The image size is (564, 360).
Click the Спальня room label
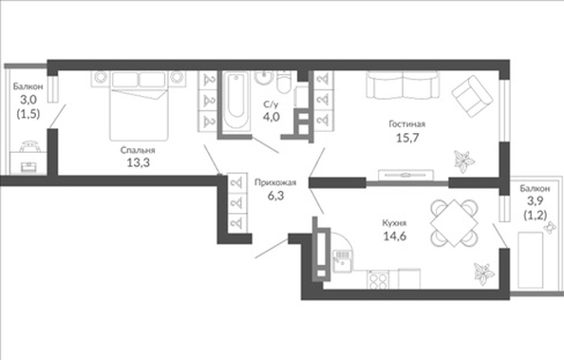(138, 150)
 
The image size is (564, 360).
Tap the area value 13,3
(138, 162)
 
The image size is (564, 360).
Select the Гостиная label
(407, 124)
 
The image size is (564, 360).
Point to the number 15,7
(407, 138)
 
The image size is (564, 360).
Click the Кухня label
(394, 223)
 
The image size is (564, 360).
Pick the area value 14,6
(395, 237)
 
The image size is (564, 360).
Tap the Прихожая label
(275, 182)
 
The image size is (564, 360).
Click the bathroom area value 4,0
(272, 117)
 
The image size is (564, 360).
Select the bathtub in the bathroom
(235, 100)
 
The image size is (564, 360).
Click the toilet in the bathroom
(285, 82)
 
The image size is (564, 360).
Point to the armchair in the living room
(472, 96)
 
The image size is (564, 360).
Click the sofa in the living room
(403, 85)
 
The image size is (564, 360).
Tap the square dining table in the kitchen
(454, 223)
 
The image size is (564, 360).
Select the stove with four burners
(378, 279)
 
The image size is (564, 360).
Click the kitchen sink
(342, 261)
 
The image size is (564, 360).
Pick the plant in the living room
(463, 161)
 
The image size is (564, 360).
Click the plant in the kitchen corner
(483, 274)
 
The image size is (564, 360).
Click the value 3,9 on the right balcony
(535, 200)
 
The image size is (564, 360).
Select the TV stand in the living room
(405, 175)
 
